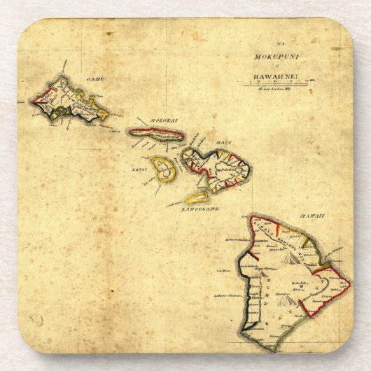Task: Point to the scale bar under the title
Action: pyautogui.click(x=278, y=85)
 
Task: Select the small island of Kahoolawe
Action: pyautogui.click(x=197, y=197)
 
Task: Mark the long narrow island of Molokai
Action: pyautogui.click(x=155, y=133)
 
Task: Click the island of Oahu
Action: pyautogui.click(x=70, y=104)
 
